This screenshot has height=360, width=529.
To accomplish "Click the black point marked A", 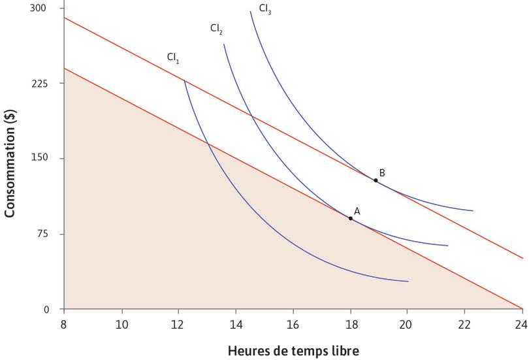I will pos(351,218).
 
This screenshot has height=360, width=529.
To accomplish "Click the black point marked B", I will pos(376,180).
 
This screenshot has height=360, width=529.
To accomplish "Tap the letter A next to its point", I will pos(357,210).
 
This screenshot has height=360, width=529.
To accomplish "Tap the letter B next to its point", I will pos(382,172).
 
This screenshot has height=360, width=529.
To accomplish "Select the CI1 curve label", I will pos(173,58).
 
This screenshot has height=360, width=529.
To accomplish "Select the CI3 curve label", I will pos(265,9).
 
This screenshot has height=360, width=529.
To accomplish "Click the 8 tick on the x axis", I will pos(64,323).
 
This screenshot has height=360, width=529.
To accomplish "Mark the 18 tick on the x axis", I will pos(351,323).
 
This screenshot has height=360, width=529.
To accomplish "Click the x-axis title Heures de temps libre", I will pos(293,351).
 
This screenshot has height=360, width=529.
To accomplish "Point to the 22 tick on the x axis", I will pos(465,323).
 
